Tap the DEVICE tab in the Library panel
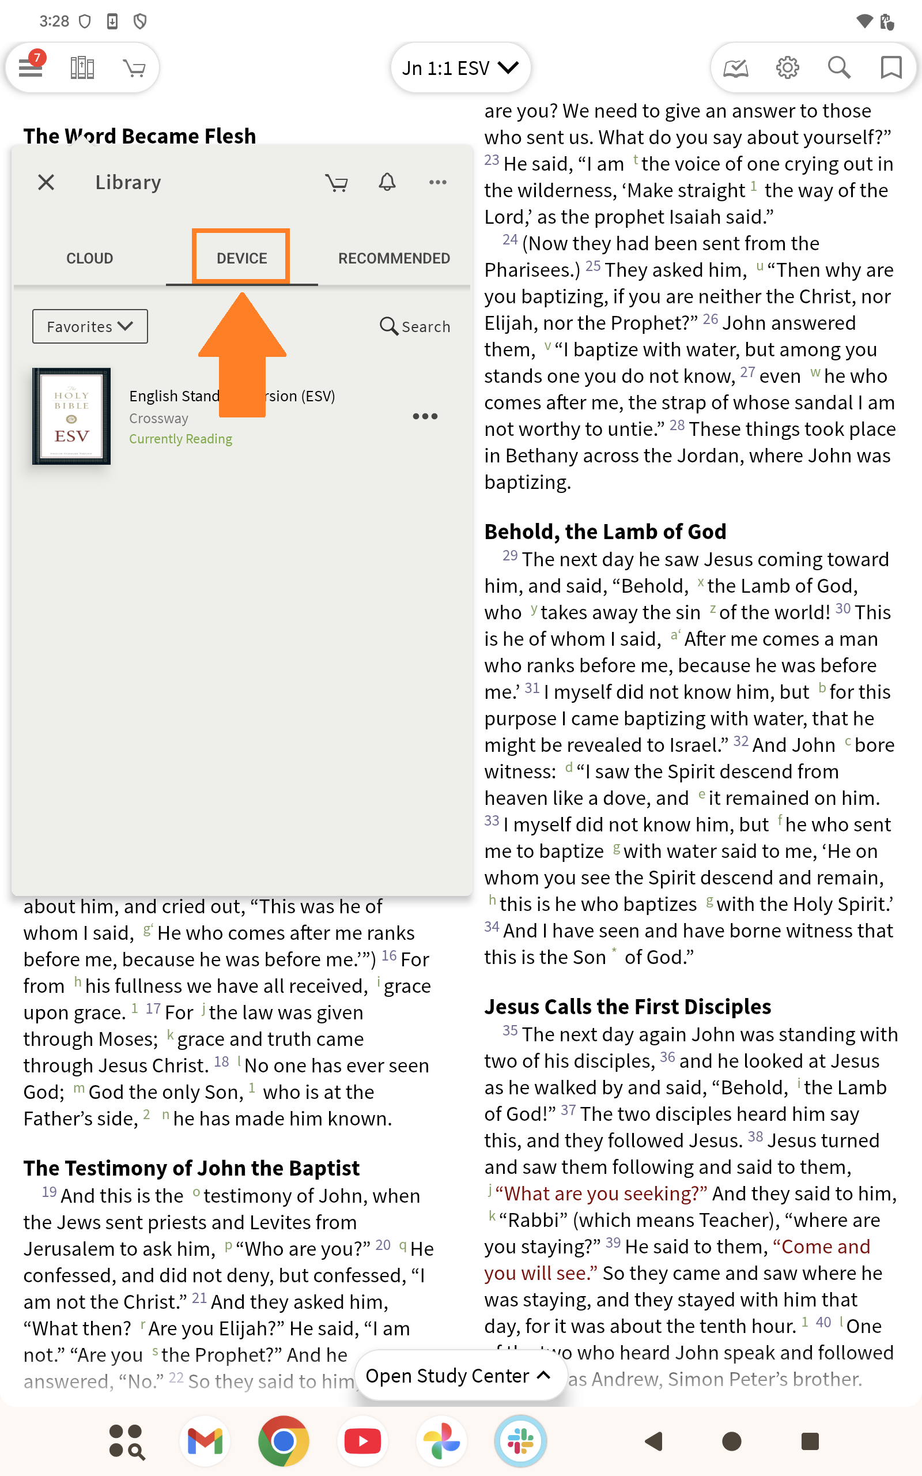tap(241, 258)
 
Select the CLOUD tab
tap(90, 258)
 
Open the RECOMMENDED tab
tap(394, 258)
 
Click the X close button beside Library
tap(46, 182)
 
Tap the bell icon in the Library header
tap(387, 182)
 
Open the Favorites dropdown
tap(90, 326)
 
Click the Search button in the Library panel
tap(415, 326)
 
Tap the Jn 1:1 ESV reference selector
tap(460, 67)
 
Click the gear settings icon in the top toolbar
tap(787, 67)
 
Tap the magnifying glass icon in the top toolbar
tap(839, 67)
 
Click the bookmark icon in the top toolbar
tap(891, 67)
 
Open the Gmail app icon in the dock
tap(205, 1441)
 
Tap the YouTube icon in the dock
tap(363, 1441)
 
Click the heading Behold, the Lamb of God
tap(605, 532)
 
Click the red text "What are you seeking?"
tap(601, 1193)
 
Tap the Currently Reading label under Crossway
tap(180, 439)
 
